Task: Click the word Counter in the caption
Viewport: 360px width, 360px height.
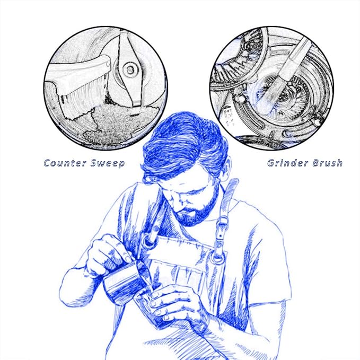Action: (x=65, y=163)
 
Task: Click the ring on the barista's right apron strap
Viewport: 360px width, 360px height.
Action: (x=150, y=241)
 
